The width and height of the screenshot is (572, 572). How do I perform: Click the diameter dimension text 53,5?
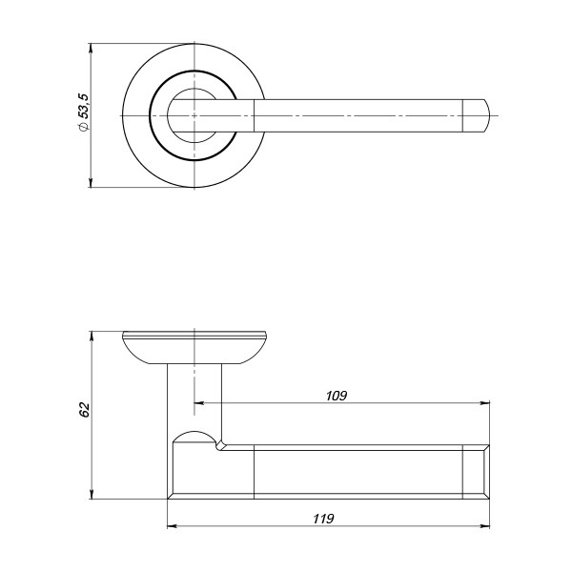(84, 106)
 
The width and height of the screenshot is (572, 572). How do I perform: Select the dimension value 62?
(84, 410)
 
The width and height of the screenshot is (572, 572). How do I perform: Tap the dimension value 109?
(337, 396)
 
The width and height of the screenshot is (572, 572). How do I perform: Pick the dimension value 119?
(323, 519)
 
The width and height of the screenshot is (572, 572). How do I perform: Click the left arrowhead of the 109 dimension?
(198, 403)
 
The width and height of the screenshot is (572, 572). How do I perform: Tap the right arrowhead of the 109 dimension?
(485, 403)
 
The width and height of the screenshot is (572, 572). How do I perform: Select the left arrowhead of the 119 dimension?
(172, 526)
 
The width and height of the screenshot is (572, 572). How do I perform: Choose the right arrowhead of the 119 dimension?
(485, 526)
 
